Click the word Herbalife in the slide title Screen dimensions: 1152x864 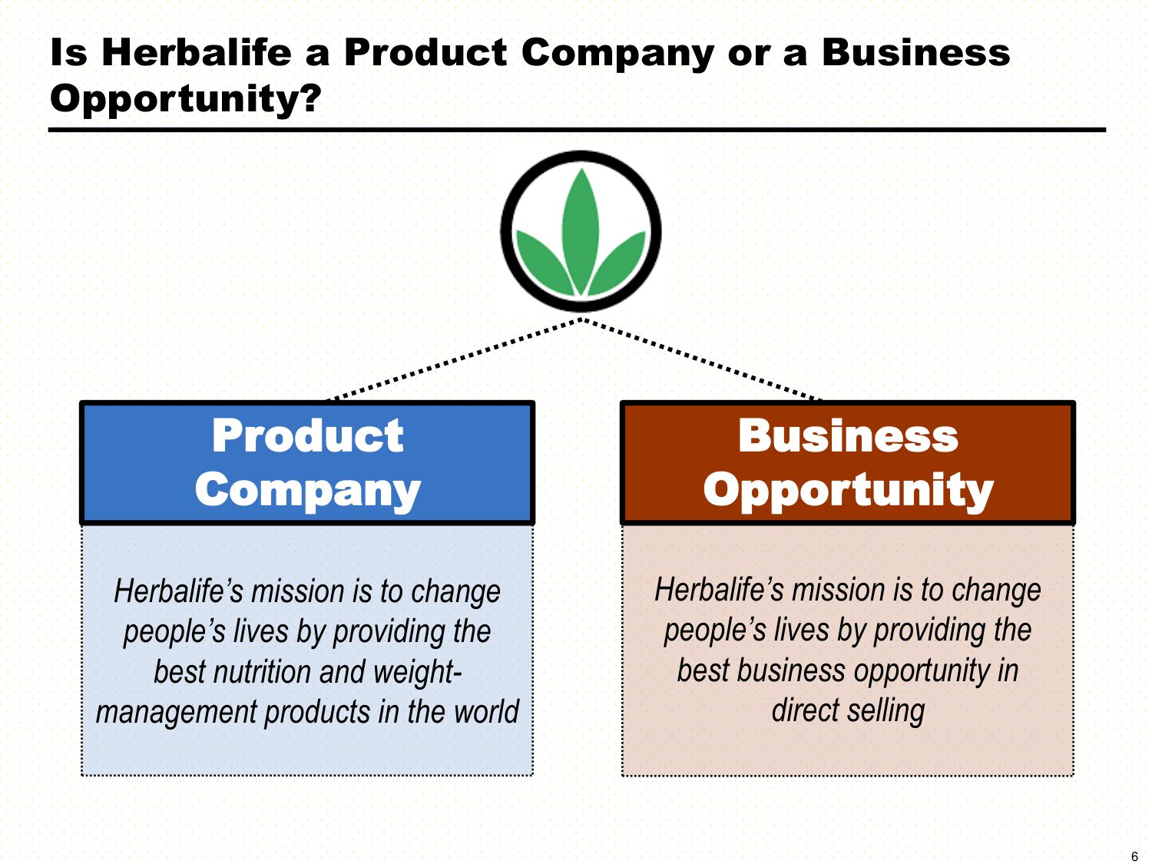point(197,52)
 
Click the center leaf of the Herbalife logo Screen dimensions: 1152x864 point(581,231)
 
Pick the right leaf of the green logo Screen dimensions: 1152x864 point(617,260)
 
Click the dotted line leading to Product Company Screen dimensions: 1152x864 point(453,360)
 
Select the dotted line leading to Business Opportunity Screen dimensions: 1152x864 point(702,360)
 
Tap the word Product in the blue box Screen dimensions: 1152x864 point(307,435)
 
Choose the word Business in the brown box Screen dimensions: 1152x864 point(848,435)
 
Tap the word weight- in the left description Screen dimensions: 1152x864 point(417,674)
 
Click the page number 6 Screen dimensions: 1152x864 point(1134,856)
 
